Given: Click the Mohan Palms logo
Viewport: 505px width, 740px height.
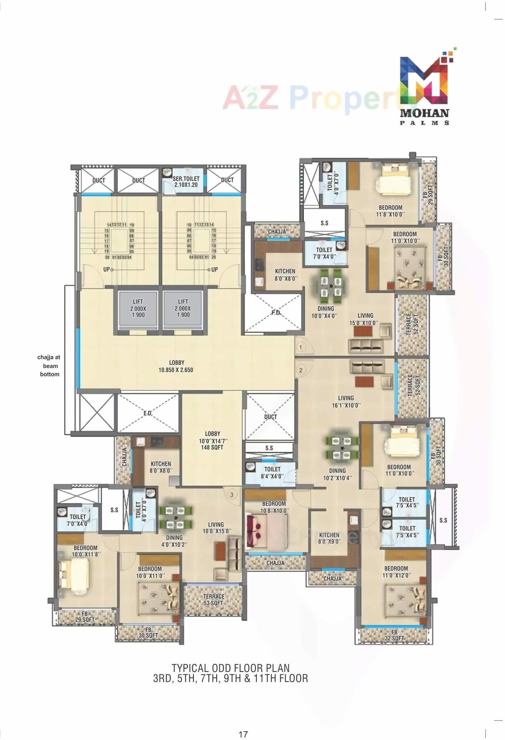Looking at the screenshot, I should click(x=425, y=90).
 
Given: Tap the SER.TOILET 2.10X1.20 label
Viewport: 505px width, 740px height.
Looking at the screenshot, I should click(x=186, y=182).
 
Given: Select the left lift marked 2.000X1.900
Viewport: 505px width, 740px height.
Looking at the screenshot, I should click(x=138, y=308).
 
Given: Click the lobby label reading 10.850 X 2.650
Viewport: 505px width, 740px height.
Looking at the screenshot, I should click(x=175, y=366).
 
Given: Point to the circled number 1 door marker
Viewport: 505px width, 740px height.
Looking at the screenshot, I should click(x=300, y=347).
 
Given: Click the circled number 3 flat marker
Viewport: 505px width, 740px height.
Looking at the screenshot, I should click(x=231, y=495).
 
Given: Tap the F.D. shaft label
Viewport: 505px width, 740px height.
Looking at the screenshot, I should click(x=276, y=312).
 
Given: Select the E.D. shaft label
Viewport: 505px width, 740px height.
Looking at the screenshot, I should click(x=148, y=413).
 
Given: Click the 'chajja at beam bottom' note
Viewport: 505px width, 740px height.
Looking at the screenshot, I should click(x=49, y=366).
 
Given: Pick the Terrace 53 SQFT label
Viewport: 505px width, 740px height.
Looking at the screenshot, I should click(x=213, y=600).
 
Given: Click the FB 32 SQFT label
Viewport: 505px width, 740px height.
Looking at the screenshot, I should click(x=394, y=635).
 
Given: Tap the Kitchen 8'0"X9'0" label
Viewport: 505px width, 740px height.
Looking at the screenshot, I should click(x=329, y=538).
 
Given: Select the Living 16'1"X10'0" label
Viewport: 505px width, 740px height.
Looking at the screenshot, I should click(x=346, y=401).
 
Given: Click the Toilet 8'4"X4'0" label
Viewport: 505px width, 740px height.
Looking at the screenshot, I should click(x=272, y=473).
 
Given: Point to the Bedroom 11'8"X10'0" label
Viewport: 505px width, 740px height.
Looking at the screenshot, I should click(x=390, y=211).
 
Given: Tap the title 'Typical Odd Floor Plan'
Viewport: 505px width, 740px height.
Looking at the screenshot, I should click(x=230, y=668).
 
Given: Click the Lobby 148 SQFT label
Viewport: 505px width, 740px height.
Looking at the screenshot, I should click(x=212, y=440).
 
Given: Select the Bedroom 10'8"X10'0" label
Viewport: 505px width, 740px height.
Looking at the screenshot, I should click(x=274, y=507).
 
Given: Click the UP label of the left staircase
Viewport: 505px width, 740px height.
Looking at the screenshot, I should click(x=107, y=269).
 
